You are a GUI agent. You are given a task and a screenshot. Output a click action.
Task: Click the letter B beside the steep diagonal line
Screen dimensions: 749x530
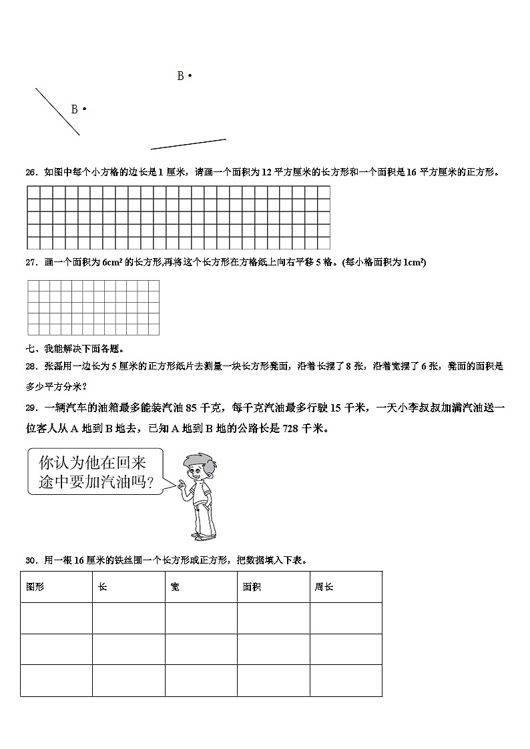pyautogui.click(x=75, y=109)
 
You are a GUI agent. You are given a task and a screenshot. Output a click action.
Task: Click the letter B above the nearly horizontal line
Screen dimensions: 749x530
pyautogui.click(x=180, y=77)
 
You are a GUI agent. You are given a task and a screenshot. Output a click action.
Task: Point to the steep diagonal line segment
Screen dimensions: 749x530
pyautogui.click(x=57, y=112)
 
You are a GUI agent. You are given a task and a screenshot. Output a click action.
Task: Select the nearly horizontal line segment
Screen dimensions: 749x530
pyautogui.click(x=188, y=144)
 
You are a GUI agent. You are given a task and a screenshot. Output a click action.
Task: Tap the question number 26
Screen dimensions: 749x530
pyautogui.click(x=30, y=172)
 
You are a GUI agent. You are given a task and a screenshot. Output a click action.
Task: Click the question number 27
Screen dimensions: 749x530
pyautogui.click(x=30, y=263)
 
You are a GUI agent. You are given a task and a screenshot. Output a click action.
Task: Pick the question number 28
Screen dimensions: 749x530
pyautogui.click(x=30, y=366)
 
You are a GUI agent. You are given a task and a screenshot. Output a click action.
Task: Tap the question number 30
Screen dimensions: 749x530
pyautogui.click(x=30, y=560)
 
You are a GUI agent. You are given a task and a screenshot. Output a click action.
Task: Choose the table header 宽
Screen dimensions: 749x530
pyautogui.click(x=175, y=587)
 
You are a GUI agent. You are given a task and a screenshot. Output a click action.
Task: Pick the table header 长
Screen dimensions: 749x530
pyautogui.click(x=102, y=587)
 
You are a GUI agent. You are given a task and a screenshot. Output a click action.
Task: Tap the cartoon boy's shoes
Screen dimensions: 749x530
pyautogui.click(x=204, y=534)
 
